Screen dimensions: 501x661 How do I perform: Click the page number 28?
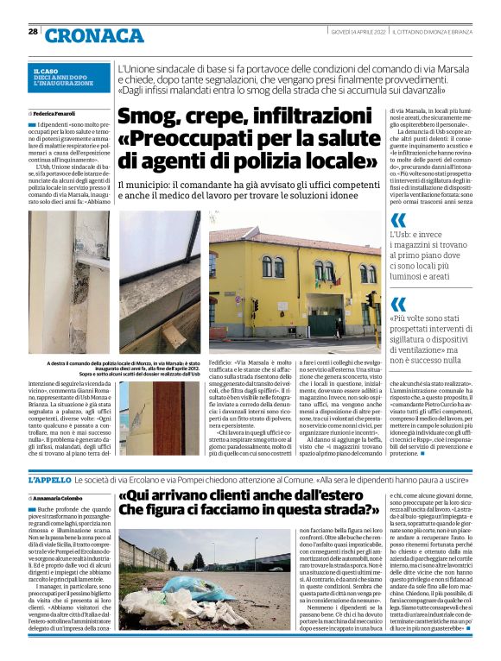33,32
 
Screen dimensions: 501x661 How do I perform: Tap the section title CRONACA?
94,35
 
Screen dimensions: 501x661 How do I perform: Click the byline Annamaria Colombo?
60,499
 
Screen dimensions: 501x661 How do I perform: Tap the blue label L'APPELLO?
49,479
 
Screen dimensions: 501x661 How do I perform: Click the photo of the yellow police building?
295,280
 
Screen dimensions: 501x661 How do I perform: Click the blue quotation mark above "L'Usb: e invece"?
398,219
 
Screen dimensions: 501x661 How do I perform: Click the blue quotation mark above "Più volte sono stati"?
398,303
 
